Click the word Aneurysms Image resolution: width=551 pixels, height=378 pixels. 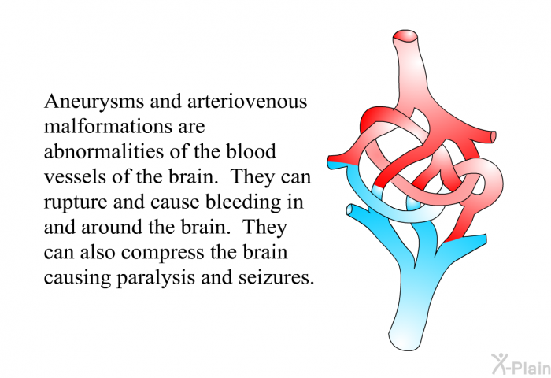click(94, 102)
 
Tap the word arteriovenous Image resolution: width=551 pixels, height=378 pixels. click(247, 102)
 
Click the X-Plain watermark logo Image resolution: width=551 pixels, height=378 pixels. click(521, 364)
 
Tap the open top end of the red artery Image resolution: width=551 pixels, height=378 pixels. click(405, 36)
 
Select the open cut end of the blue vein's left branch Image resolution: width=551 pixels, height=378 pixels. click(350, 210)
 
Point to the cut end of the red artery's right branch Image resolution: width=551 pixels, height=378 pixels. click(493, 136)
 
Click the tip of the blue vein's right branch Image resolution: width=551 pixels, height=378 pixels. click(486, 239)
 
